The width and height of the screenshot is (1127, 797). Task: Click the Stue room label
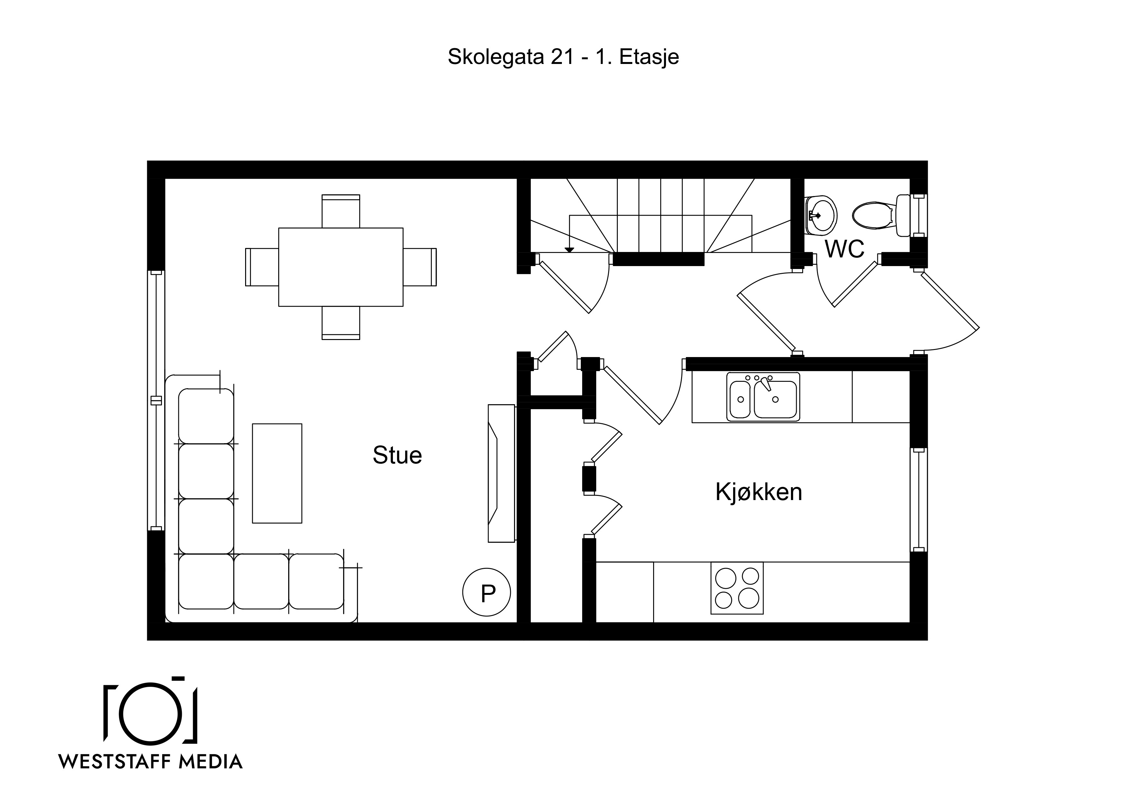pos(397,455)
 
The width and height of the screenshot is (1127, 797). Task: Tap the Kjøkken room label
pos(759,492)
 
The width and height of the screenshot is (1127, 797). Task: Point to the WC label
pos(845,249)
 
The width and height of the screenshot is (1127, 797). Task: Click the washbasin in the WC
pos(821,215)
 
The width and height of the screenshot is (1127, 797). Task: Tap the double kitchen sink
pos(763,397)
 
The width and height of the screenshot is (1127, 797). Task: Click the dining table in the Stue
pos(341,267)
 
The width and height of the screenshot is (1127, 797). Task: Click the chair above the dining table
pos(341,211)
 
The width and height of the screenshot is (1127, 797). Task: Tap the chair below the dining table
pos(341,323)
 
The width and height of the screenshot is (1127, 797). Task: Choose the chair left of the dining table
pos(262,267)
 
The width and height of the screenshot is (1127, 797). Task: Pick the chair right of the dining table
pos(420,267)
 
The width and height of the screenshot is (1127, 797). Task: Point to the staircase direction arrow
pos(569,233)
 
